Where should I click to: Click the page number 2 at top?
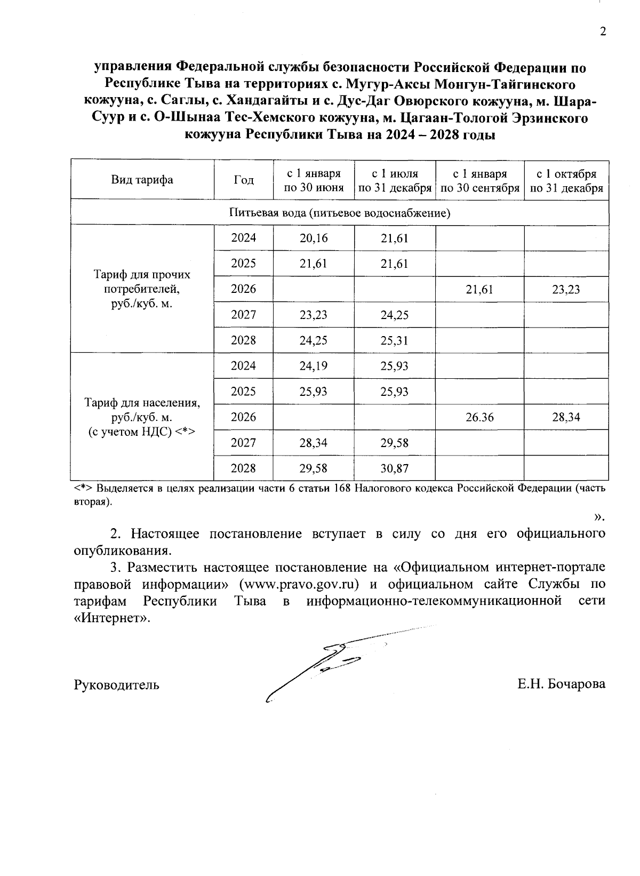click(603, 32)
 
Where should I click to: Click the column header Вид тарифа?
click(142, 180)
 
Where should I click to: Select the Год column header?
click(244, 180)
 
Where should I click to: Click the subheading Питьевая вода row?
click(340, 213)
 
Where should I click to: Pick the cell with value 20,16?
click(314, 238)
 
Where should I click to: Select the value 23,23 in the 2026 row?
click(566, 290)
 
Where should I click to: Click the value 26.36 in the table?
click(479, 417)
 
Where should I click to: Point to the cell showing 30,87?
click(395, 468)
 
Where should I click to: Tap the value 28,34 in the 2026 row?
click(566, 417)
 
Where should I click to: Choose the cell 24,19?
click(314, 366)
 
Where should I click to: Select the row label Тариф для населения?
click(142, 417)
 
